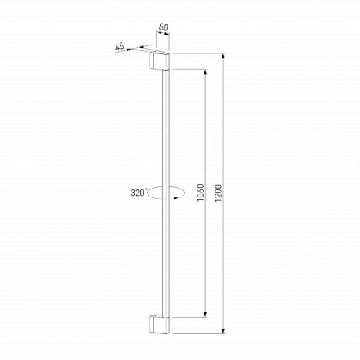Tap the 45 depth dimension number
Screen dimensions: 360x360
[120, 47]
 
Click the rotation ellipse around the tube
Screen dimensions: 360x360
[161, 197]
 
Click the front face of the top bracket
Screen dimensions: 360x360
[163, 63]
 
